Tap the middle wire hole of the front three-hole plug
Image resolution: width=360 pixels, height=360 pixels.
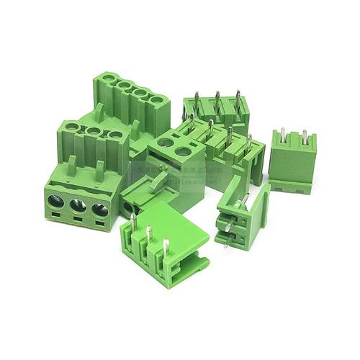click(x=78, y=206)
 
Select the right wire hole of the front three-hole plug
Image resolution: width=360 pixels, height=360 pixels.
click(x=100, y=210)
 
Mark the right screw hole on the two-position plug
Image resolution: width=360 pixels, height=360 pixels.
click(x=184, y=151)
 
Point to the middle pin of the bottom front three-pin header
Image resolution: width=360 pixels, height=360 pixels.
click(x=148, y=234)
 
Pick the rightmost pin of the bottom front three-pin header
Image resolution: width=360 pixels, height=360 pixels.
click(x=166, y=246)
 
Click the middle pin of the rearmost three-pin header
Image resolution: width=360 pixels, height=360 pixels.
click(x=216, y=98)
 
